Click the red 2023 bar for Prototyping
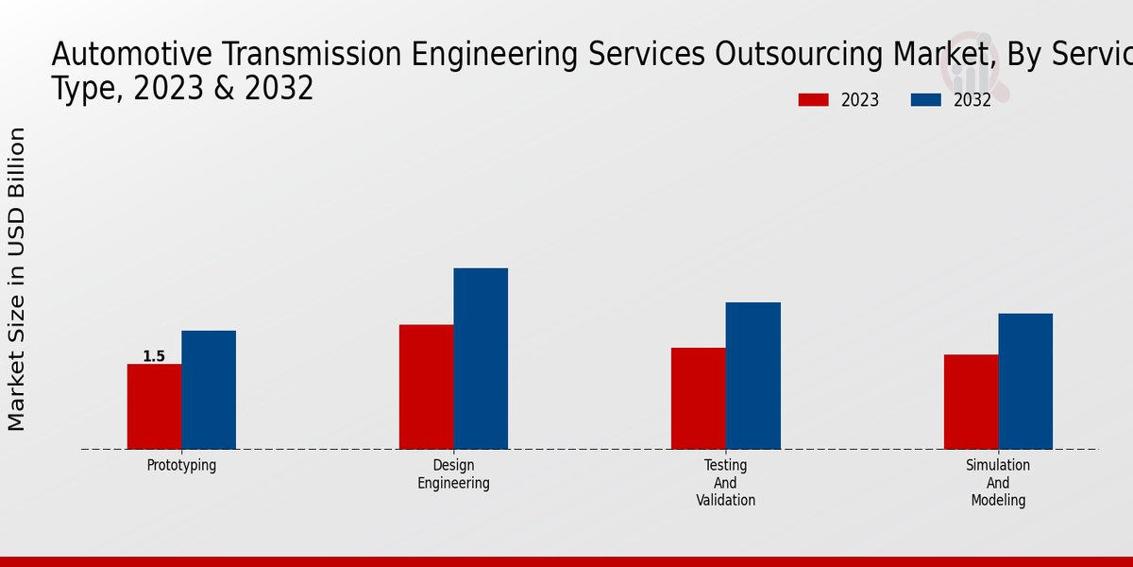coord(154,406)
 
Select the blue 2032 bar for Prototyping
coord(209,389)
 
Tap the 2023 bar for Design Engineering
coord(426,387)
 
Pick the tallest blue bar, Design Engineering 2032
coord(481,358)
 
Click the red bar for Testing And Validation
coord(699,398)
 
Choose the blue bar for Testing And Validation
coord(753,375)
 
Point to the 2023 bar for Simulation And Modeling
coord(971,402)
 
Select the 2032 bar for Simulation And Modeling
coord(1025,381)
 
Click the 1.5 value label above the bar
coord(154,356)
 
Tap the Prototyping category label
coord(181,466)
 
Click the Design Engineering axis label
coord(453,474)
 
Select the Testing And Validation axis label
coord(726,483)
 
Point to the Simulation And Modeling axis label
coord(998,483)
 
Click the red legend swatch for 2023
coord(813,100)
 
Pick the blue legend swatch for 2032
coord(925,100)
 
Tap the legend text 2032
coord(972,100)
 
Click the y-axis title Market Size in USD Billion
coord(17,279)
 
